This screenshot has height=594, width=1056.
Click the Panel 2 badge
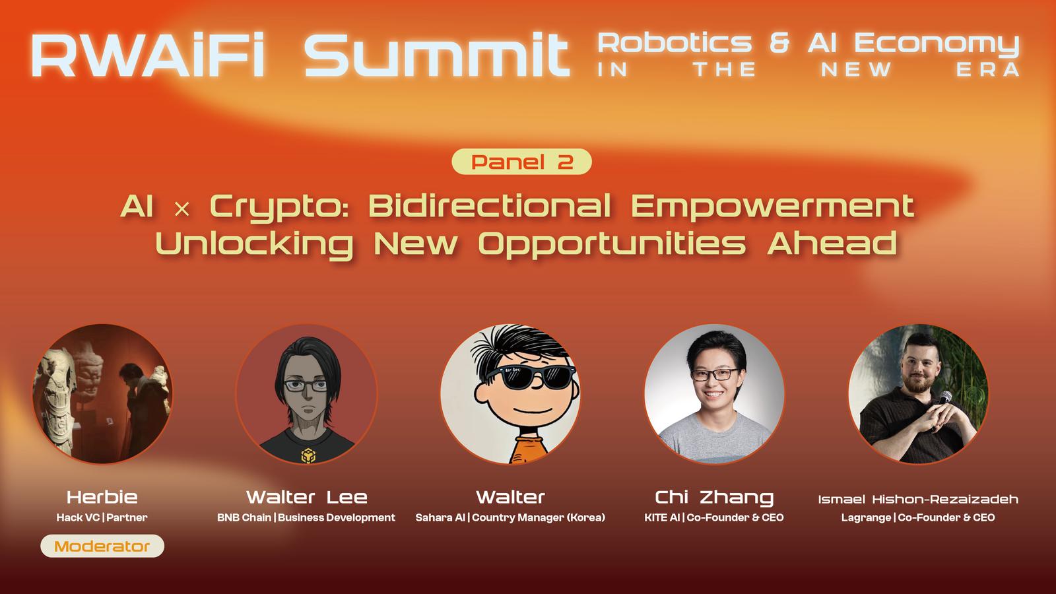(x=521, y=162)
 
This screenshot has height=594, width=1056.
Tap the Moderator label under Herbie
(x=102, y=546)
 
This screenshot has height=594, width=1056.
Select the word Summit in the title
(x=436, y=55)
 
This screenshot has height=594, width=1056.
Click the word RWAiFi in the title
(x=148, y=55)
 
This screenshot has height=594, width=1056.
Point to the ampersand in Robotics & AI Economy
(x=779, y=43)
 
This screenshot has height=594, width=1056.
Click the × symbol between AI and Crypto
(x=182, y=209)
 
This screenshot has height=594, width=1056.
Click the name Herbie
(x=102, y=497)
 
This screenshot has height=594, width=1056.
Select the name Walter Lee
(x=306, y=497)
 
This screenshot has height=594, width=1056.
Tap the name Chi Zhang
(x=714, y=498)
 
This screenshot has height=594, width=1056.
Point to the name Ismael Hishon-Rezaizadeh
(x=918, y=499)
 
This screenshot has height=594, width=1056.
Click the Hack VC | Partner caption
(x=102, y=517)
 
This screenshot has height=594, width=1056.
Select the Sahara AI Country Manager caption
(x=510, y=517)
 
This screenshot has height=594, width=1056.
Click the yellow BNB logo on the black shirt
(x=308, y=455)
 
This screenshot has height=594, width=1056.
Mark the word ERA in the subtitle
(x=987, y=70)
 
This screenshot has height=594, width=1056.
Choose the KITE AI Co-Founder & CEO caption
(x=713, y=517)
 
